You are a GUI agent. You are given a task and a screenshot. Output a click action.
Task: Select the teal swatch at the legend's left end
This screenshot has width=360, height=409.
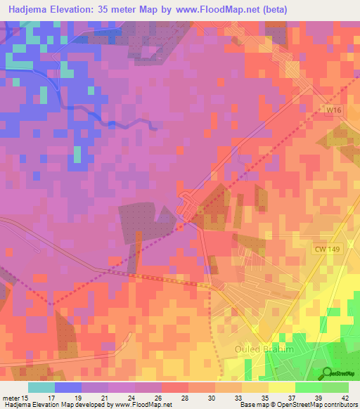pyautogui.click(x=41, y=387)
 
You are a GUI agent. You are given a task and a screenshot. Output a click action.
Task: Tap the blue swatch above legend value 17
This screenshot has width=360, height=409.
pyautogui.click(x=68, y=387)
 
